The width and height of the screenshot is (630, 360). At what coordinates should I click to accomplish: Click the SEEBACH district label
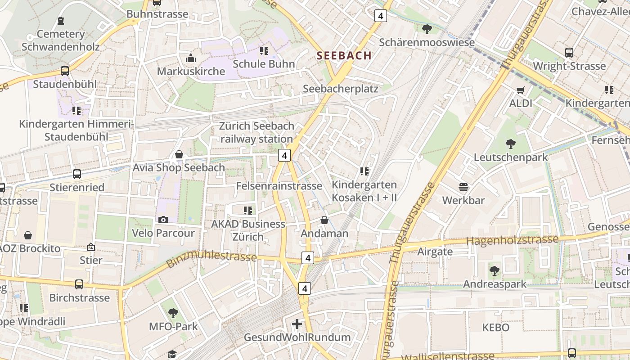[344, 55]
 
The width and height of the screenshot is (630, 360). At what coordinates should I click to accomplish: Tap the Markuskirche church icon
[191, 58]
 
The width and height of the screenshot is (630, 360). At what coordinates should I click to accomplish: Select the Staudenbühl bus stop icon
[65, 71]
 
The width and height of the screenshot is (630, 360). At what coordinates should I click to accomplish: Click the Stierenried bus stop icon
[77, 174]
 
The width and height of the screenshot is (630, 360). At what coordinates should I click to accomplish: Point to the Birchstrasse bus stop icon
[79, 284]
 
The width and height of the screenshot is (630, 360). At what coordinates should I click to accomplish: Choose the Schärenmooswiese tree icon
[427, 29]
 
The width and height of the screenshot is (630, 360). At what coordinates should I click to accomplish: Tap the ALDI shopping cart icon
[521, 90]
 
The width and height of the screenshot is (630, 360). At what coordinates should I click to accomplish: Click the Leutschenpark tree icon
[511, 144]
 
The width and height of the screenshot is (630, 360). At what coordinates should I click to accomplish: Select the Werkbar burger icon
[463, 187]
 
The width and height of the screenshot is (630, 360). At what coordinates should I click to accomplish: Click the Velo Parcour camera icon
[163, 220]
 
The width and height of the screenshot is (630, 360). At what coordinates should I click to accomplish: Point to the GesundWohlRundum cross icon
[297, 324]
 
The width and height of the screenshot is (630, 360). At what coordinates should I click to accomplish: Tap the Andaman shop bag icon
[324, 220]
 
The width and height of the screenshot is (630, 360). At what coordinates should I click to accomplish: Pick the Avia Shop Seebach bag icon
[179, 154]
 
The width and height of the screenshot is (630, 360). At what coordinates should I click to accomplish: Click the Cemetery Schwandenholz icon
[61, 21]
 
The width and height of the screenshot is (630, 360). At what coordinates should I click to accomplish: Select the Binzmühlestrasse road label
[211, 259]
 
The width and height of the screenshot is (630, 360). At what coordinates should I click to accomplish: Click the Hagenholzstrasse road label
[512, 240]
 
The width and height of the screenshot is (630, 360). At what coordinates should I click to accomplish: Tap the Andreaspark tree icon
[495, 270]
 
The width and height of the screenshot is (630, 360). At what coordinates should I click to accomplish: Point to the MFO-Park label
[173, 326]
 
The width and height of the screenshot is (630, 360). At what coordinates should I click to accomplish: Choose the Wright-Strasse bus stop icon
[569, 53]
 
